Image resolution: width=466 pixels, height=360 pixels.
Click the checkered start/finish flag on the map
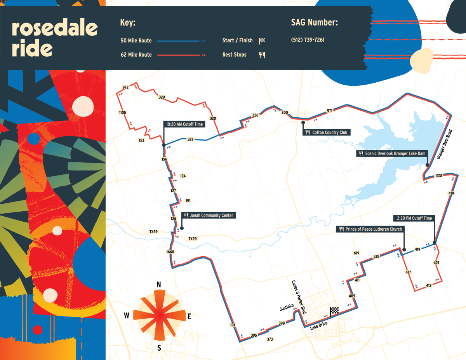tap(334, 311)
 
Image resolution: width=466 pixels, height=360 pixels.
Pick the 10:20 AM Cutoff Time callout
tap(184, 124)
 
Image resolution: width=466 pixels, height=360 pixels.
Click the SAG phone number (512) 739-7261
tap(308, 40)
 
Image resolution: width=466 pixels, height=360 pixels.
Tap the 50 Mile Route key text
tap(136, 41)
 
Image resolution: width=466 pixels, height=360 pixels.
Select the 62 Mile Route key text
tap(136, 55)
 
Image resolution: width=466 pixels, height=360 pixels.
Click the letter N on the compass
tap(158, 285)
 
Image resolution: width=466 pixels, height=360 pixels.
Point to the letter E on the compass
tap(190, 317)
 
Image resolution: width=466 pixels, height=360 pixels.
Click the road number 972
tap(125, 87)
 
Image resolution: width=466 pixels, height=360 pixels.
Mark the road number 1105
tap(123, 113)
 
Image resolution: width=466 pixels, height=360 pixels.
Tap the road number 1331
tap(438, 176)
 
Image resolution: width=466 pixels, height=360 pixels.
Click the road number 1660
tap(170, 252)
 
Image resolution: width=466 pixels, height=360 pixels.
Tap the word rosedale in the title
tap(54, 28)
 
